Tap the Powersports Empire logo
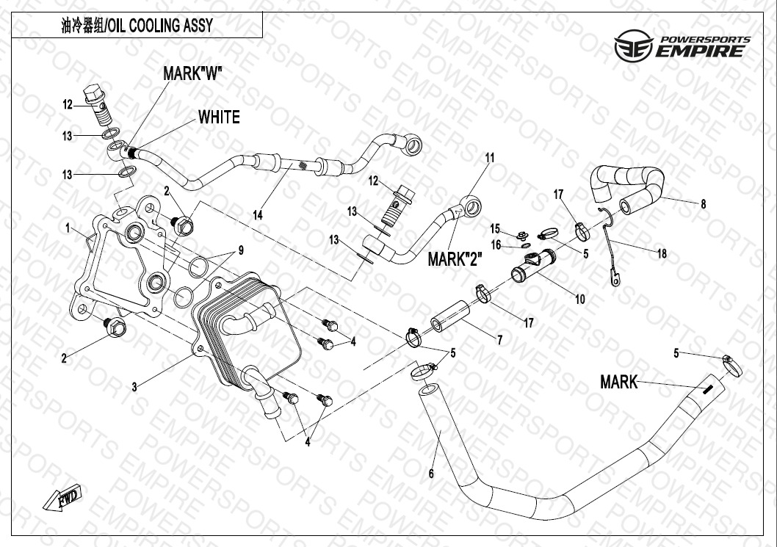click(x=682, y=46)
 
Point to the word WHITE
click(x=218, y=117)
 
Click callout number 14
click(x=257, y=215)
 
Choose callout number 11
click(x=490, y=158)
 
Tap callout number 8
click(x=703, y=204)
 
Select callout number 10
click(x=579, y=299)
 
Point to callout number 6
click(x=431, y=474)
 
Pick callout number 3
click(x=134, y=387)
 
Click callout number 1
click(x=67, y=228)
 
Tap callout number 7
click(x=499, y=339)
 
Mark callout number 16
click(x=496, y=244)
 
